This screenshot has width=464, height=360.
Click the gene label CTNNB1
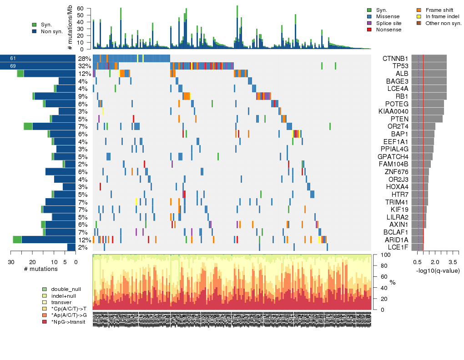(x=395, y=59)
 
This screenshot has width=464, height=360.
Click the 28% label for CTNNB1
(x=84, y=59)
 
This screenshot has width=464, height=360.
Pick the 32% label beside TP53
(x=84, y=66)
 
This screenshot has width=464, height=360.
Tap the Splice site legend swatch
(x=369, y=23)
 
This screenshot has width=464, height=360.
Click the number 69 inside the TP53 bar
(x=13, y=66)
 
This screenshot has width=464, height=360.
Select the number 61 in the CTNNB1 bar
(x=13, y=59)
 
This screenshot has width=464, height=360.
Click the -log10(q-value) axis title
(x=438, y=271)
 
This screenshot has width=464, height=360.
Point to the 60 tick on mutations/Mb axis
(x=81, y=9)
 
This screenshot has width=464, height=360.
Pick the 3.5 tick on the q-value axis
(x=453, y=262)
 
